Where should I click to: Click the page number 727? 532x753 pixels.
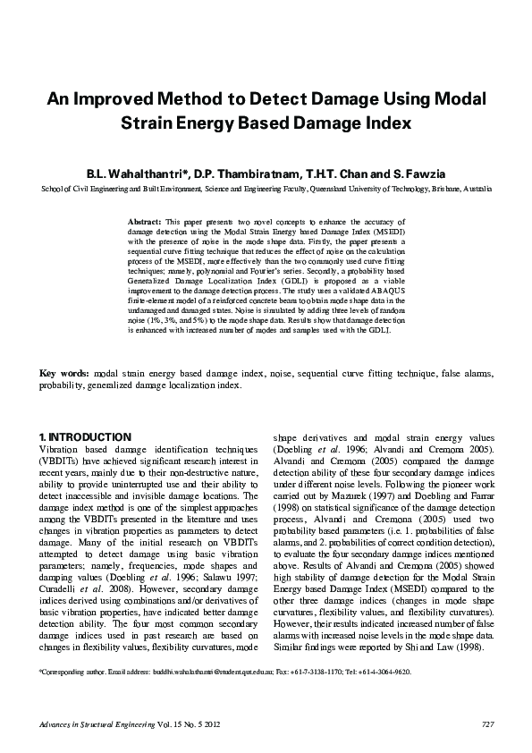click(487, 723)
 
